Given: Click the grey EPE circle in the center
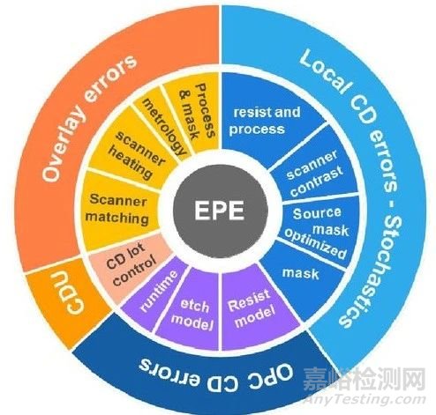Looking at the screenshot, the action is click(220, 211).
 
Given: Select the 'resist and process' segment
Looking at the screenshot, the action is click(265, 121).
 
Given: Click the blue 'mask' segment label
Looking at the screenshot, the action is click(301, 274).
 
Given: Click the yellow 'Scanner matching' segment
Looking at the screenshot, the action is click(117, 210).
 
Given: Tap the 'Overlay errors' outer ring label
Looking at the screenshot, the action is click(88, 117).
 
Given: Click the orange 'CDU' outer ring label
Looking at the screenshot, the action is click(71, 293).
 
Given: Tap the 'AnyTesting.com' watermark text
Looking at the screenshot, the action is click(365, 400).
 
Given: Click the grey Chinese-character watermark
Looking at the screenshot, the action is click(365, 380).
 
